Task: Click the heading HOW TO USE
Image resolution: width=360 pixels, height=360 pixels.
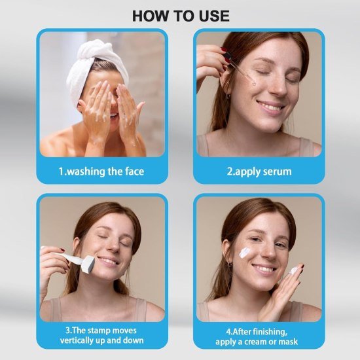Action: click(x=181, y=16)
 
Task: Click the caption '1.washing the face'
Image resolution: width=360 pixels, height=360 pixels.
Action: click(x=101, y=171)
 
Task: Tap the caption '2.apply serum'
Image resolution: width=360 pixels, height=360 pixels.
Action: click(x=259, y=171)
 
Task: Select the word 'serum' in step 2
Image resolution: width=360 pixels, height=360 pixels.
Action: click(x=275, y=171)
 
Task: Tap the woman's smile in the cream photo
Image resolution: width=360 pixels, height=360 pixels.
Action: click(x=264, y=268)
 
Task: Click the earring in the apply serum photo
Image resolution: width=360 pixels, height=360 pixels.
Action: click(x=229, y=96)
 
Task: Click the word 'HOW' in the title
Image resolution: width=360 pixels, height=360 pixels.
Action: click(x=147, y=16)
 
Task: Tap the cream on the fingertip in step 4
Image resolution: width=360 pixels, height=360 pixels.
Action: click(x=293, y=269)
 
